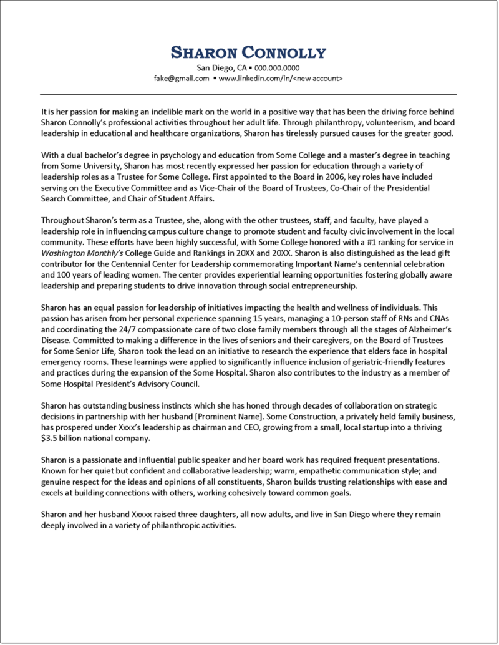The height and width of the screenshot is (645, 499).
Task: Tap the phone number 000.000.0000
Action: (x=278, y=67)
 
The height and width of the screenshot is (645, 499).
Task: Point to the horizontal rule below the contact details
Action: (x=249, y=94)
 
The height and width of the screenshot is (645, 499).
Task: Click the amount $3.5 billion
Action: (x=64, y=438)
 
